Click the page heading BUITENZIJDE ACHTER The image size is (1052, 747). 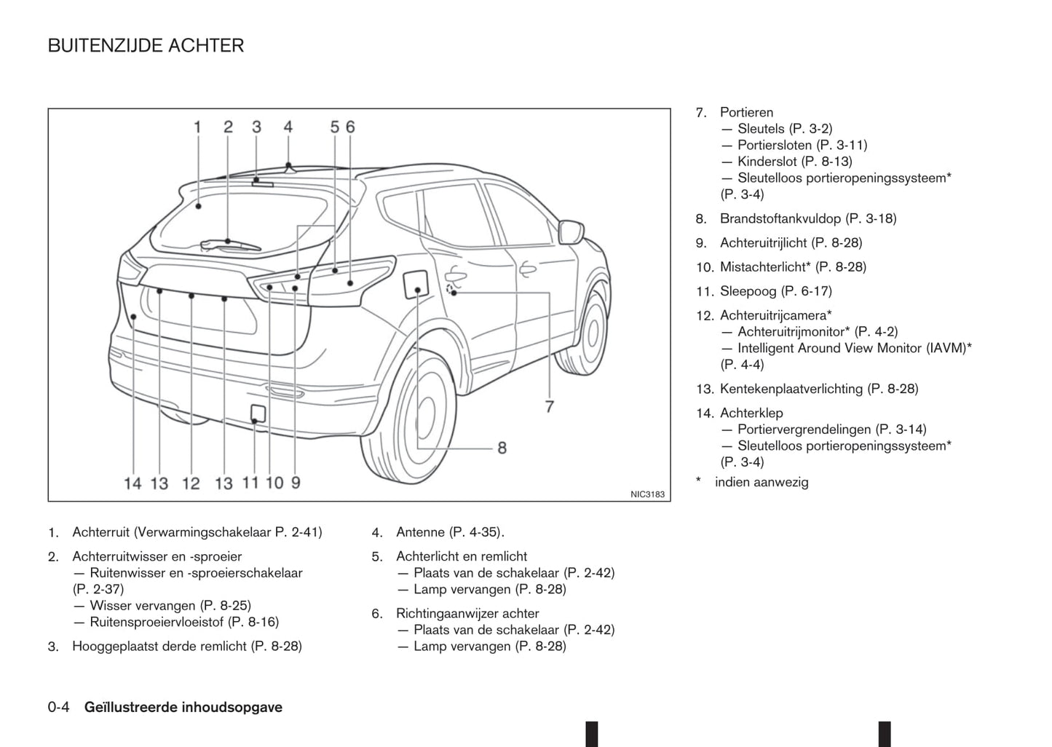(146, 46)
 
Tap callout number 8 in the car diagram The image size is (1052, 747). (502, 448)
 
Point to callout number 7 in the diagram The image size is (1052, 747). (550, 406)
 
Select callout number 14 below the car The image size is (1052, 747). (133, 483)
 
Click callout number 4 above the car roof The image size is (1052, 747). (288, 127)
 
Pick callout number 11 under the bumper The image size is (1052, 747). (250, 482)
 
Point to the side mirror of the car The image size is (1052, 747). (570, 231)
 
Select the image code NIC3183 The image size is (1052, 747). (647, 494)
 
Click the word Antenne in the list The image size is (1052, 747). (421, 532)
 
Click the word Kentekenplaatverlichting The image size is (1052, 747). (791, 389)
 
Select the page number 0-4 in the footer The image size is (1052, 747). (59, 707)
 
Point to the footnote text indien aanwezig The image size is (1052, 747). (762, 482)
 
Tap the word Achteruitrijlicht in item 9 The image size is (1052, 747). (764, 242)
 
